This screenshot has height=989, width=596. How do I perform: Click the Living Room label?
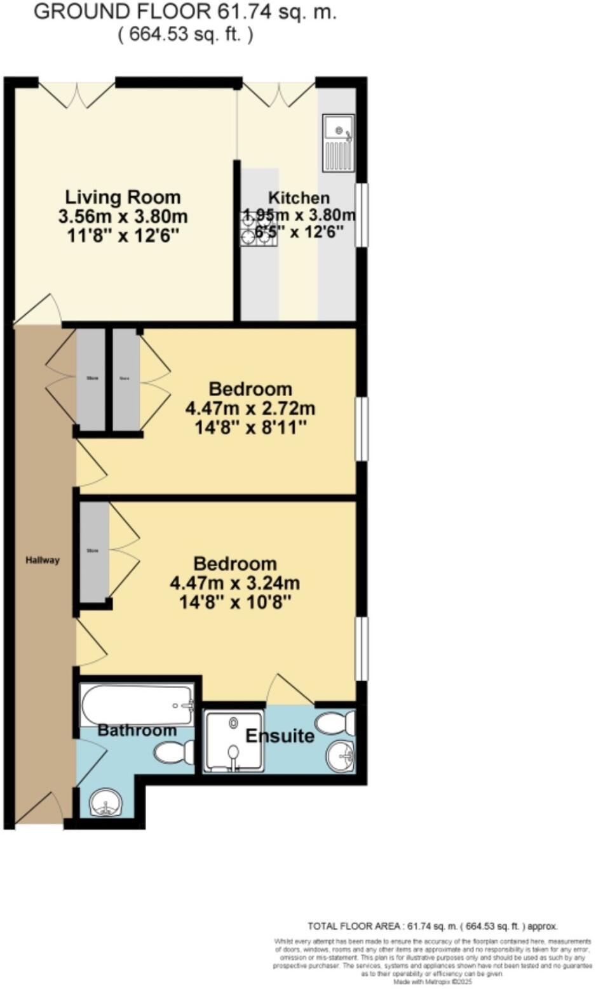click(123, 197)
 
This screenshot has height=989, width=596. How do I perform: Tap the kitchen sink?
click(338, 143)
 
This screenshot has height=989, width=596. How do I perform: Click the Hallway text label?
click(43, 560)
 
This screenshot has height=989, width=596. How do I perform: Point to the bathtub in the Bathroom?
click(137, 705)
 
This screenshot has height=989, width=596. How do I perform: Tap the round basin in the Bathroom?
click(105, 804)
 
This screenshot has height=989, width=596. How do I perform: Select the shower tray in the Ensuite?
click(233, 741)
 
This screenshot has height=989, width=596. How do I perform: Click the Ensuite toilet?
click(335, 722)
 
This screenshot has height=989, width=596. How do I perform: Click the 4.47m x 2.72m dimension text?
click(250, 408)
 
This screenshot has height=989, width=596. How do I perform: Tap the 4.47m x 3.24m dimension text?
click(235, 583)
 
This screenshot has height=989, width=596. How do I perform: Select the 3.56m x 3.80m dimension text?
click(123, 216)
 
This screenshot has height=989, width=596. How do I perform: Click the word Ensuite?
click(280, 736)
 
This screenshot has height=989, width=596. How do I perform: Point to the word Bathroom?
click(137, 731)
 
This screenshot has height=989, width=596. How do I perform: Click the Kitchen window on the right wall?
click(361, 215)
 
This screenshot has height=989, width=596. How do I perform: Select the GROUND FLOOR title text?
click(185, 12)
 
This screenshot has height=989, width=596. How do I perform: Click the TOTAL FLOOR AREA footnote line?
click(432, 926)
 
